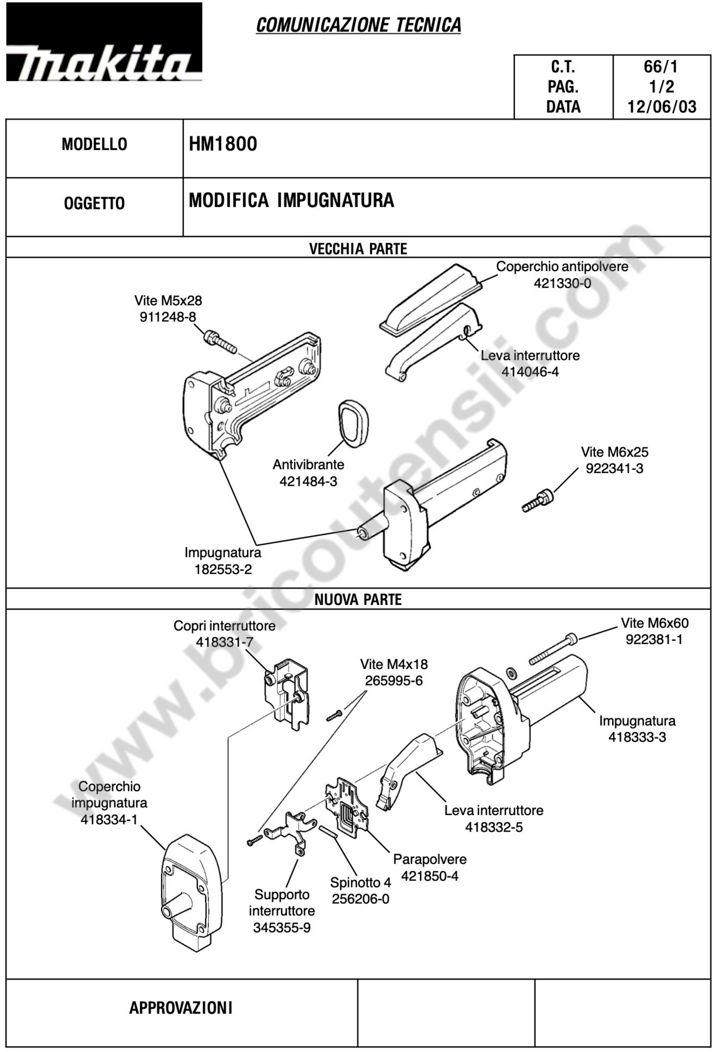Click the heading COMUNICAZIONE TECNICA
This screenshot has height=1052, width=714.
(x=358, y=25)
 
